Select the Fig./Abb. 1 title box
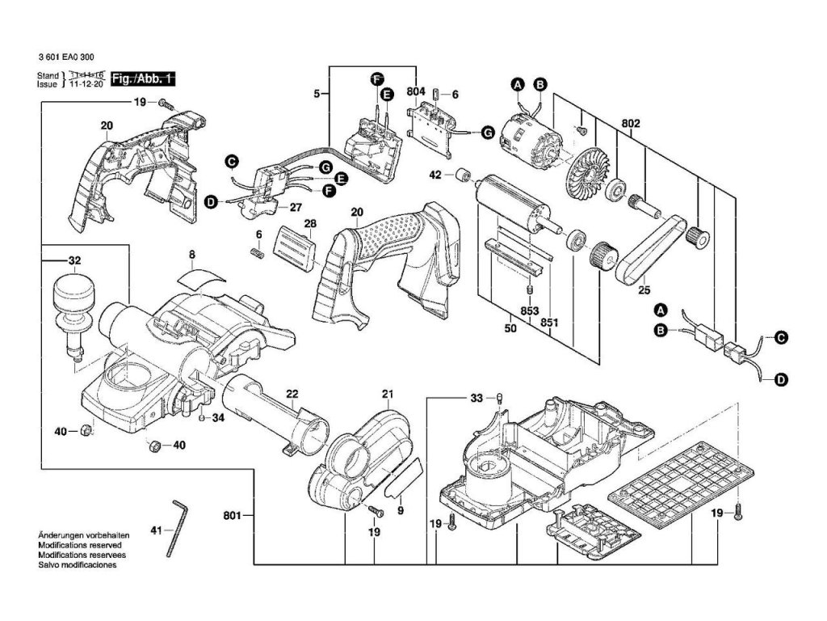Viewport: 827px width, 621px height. pos(143,79)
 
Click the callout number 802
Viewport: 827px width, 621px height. pos(632,125)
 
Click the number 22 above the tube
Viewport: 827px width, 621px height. pos(292,394)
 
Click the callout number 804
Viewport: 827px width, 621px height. pos(416,93)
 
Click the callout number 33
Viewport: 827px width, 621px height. pos(476,398)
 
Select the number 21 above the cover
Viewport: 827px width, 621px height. pos(386,394)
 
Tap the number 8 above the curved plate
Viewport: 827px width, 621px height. pos(191,255)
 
